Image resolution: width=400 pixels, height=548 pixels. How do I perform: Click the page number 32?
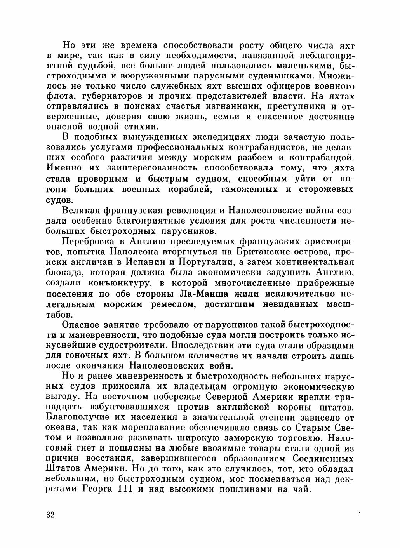tap(50, 515)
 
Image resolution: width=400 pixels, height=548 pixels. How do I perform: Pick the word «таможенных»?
tap(249, 190)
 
